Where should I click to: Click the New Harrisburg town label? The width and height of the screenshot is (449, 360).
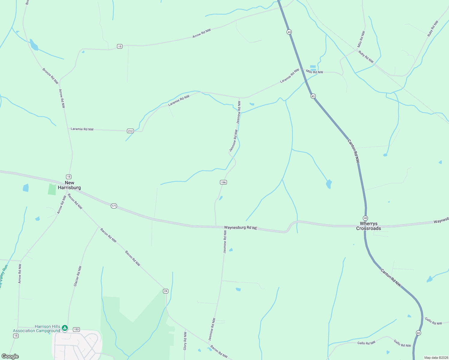coord(69,185)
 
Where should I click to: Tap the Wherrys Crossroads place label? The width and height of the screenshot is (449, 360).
coord(369,226)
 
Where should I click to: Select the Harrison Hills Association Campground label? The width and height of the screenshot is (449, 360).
coord(37,328)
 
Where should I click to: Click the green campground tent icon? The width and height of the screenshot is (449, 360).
coord(65,328)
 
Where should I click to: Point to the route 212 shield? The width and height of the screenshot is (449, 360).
coord(130,131)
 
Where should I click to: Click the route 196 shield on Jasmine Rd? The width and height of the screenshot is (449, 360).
coord(223,182)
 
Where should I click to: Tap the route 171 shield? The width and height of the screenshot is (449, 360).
coord(114,206)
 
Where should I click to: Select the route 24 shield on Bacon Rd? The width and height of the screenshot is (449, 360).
coord(166,291)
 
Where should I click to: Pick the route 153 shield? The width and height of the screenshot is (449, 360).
coord(76,329)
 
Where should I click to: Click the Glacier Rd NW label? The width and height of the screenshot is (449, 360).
coord(78,276)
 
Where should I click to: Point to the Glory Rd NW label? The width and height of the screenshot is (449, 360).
coord(185,341)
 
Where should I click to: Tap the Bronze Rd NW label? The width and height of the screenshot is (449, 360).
coord(50,76)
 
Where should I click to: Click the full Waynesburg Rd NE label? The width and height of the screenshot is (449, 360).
coord(241,228)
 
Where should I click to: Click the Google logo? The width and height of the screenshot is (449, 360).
coord(10,356)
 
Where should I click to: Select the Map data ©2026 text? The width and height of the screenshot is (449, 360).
coord(435,358)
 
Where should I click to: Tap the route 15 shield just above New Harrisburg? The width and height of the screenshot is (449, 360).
coord(69,177)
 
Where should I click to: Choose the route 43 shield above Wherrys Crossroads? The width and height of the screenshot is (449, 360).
coord(365,218)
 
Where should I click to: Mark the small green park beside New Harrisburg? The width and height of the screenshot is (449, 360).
coord(52,189)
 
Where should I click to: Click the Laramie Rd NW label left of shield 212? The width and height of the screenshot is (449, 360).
coord(82,129)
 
